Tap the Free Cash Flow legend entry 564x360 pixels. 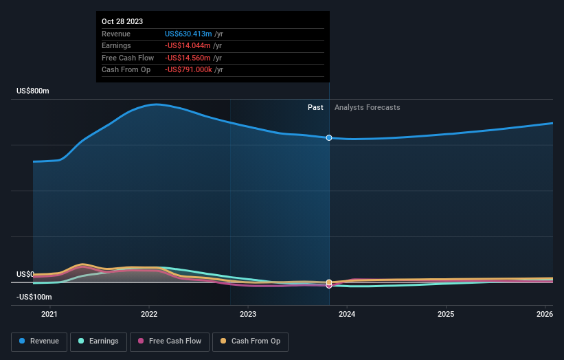169,341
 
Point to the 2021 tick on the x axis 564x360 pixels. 49,315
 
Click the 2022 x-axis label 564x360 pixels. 149,315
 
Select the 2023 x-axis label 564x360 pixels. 248,315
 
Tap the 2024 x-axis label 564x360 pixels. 347,315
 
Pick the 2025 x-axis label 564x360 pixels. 446,315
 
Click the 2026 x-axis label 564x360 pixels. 545,315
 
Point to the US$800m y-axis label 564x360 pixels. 33,91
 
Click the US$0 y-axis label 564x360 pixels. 25,274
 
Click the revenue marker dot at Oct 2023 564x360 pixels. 329,138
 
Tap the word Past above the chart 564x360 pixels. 315,107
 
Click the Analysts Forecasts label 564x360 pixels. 367,107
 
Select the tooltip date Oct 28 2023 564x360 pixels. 122,21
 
